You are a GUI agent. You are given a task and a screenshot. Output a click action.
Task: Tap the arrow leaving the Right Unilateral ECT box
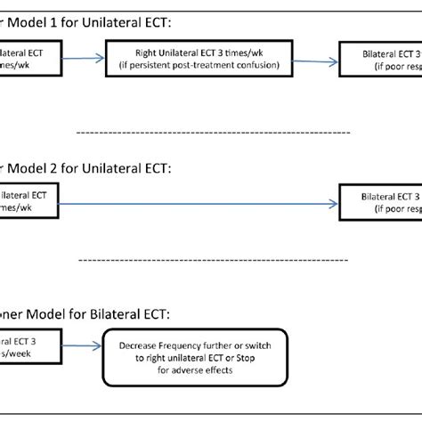[307, 60]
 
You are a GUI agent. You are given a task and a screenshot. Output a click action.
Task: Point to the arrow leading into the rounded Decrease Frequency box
[82, 347]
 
